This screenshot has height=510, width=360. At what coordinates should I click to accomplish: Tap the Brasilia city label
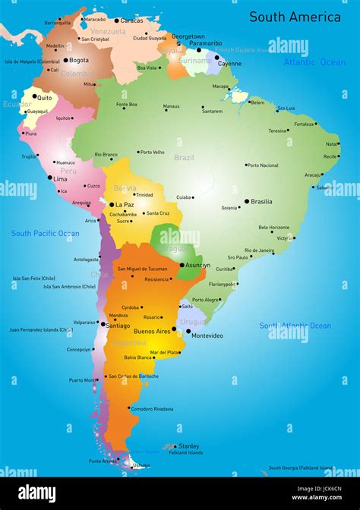coord(261,202)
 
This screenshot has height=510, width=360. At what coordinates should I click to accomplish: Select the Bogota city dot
coord(66,60)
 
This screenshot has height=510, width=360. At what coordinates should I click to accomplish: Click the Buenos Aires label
coord(151,331)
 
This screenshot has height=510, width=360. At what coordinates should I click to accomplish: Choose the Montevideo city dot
coord(188,331)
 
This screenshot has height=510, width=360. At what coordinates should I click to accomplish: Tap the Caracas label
coord(131,20)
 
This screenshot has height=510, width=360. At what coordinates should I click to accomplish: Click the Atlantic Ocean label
coord(314,62)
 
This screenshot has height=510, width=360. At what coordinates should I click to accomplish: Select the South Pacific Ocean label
coord(45,234)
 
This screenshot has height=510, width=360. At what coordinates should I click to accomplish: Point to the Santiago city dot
coord(103,325)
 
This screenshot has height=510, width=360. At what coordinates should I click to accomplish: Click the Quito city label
coord(45,98)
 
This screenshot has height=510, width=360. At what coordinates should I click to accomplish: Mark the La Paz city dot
coord(112,204)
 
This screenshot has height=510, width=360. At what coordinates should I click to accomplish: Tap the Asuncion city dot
coord(182,265)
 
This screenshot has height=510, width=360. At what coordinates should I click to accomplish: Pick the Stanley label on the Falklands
coord(188,446)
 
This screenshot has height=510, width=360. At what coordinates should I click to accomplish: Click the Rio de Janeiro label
coord(259,250)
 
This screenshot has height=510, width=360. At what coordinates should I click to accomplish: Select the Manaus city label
coord(172,106)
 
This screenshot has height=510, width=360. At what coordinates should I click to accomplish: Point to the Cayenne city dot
coord(216,56)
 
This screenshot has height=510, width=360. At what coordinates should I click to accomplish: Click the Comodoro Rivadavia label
coord(152,409)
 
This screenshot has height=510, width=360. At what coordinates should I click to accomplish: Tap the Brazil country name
coord(184,158)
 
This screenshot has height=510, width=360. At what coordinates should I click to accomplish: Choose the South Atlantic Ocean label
coord(295,326)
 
